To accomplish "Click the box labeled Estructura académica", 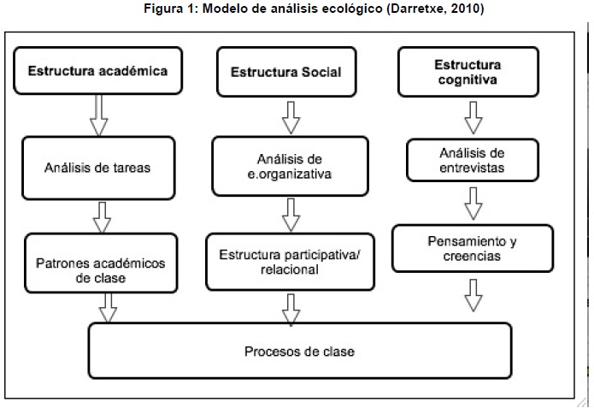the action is tap(97, 70).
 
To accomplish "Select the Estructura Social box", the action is tap(286, 72).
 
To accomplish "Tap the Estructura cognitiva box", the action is tap(468, 72).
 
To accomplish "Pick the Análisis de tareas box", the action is tap(98, 168).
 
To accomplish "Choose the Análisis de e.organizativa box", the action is tap(291, 166).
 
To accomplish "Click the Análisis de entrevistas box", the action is tap(473, 160).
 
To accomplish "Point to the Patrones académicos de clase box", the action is tap(101, 263).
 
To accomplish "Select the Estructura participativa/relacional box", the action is tap(291, 262).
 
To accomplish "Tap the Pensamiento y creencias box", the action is tap(473, 248).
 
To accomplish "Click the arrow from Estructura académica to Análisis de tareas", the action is tap(99, 115).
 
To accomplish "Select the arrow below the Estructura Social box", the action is tap(291, 117).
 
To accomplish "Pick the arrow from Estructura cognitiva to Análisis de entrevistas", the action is tap(473, 117).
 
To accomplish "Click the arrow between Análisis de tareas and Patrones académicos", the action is tap(102, 217).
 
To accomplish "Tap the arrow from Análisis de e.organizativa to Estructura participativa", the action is tap(291, 215).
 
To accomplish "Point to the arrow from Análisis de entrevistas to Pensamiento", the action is tap(473, 204).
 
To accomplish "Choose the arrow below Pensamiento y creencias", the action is tap(473, 295).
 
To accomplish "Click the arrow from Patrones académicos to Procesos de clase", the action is tap(108, 308).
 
